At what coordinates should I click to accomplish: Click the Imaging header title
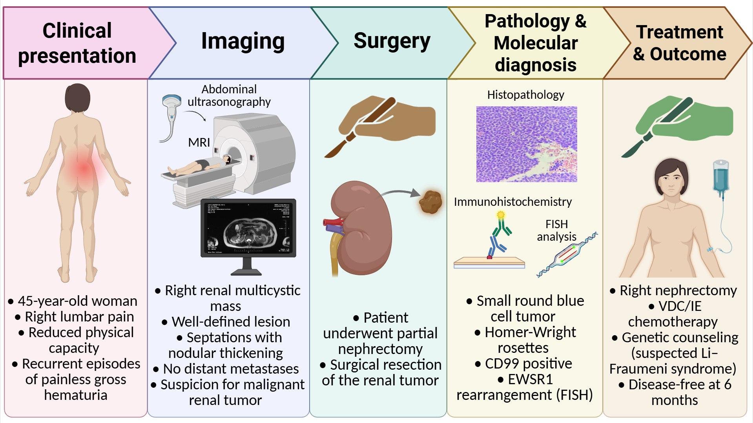click(x=243, y=42)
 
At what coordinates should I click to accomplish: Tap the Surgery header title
click(x=392, y=42)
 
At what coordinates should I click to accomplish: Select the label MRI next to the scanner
click(x=199, y=142)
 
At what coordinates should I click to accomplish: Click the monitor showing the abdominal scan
click(x=248, y=228)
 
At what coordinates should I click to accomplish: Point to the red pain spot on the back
click(x=84, y=169)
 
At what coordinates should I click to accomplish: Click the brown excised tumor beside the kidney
click(x=430, y=202)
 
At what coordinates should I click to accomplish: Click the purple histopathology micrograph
click(x=527, y=144)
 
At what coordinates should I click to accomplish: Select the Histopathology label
click(x=525, y=95)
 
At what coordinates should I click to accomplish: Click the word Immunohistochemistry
click(x=512, y=202)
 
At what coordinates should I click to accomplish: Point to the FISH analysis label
click(x=556, y=230)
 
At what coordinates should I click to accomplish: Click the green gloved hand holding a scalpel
click(x=683, y=122)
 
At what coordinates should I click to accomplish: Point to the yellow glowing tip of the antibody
click(x=501, y=215)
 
